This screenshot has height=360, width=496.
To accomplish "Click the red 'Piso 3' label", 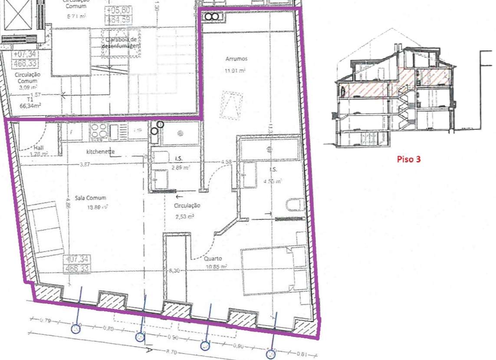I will [408, 159].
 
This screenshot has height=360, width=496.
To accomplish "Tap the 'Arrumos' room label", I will [237, 59].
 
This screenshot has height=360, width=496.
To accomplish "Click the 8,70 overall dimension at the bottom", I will [172, 351].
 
